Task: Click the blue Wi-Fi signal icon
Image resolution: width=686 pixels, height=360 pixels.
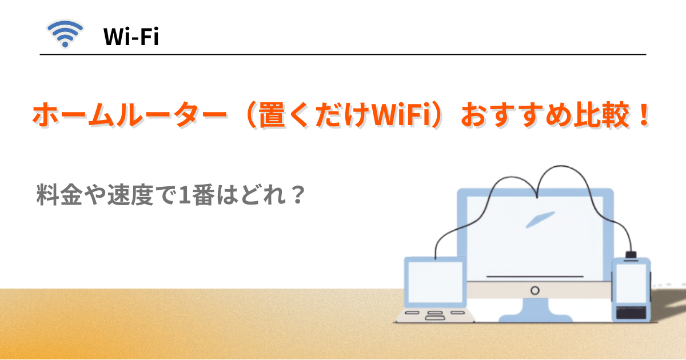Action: pyautogui.click(x=65, y=35)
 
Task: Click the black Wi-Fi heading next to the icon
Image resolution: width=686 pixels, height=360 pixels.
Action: pyautogui.click(x=130, y=38)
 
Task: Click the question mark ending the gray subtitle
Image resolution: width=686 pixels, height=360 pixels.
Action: pyautogui.click(x=294, y=197)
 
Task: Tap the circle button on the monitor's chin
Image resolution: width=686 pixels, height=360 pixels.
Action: pyautogui.click(x=535, y=290)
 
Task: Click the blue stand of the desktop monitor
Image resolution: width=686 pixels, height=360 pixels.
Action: pyautogui.click(x=535, y=311)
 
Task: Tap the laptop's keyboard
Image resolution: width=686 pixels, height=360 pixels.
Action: pyautogui.click(x=434, y=314)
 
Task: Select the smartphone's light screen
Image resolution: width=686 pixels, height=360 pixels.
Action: pyautogui.click(x=630, y=283)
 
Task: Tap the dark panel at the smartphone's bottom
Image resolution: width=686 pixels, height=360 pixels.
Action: pyautogui.click(x=630, y=312)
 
